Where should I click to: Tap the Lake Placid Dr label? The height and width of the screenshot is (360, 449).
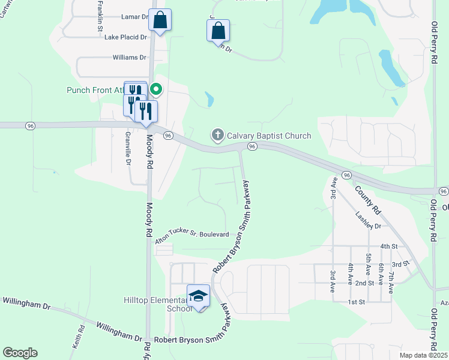click(125, 37)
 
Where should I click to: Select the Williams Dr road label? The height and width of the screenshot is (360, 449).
click(129, 58)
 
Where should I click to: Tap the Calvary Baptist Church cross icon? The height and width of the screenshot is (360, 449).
click(217, 136)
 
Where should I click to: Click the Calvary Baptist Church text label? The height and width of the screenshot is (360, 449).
click(268, 136)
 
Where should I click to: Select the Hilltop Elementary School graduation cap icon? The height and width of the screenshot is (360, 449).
click(198, 296)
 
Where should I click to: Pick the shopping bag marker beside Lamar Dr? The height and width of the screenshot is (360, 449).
click(160, 20)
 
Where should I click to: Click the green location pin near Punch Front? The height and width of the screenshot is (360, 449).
click(156, 90)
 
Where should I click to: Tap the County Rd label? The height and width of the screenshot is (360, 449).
click(368, 200)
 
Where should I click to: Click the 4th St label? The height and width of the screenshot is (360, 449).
click(388, 247)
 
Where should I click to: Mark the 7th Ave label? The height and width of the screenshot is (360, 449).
click(391, 281)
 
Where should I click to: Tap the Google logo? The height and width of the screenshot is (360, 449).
click(20, 353)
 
